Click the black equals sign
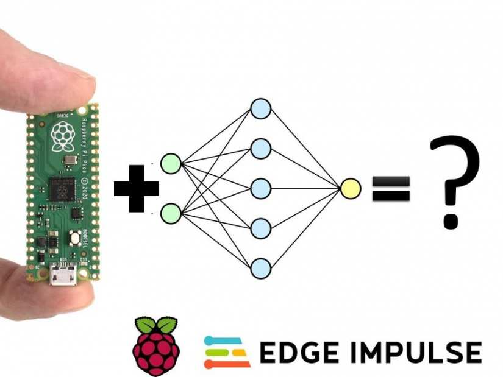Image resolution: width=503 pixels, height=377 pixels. [x=391, y=189]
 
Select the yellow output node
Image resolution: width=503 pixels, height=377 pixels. [x=351, y=189]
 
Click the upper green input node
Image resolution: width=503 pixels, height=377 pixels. [x=171, y=164]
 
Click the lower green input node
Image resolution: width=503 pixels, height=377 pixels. [x=171, y=213]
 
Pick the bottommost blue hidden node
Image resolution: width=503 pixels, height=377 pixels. [x=260, y=268]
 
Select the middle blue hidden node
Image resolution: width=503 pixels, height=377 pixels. [x=260, y=189]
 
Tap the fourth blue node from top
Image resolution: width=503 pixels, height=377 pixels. [x=260, y=228]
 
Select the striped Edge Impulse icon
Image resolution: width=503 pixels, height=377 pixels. [x=227, y=352]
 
